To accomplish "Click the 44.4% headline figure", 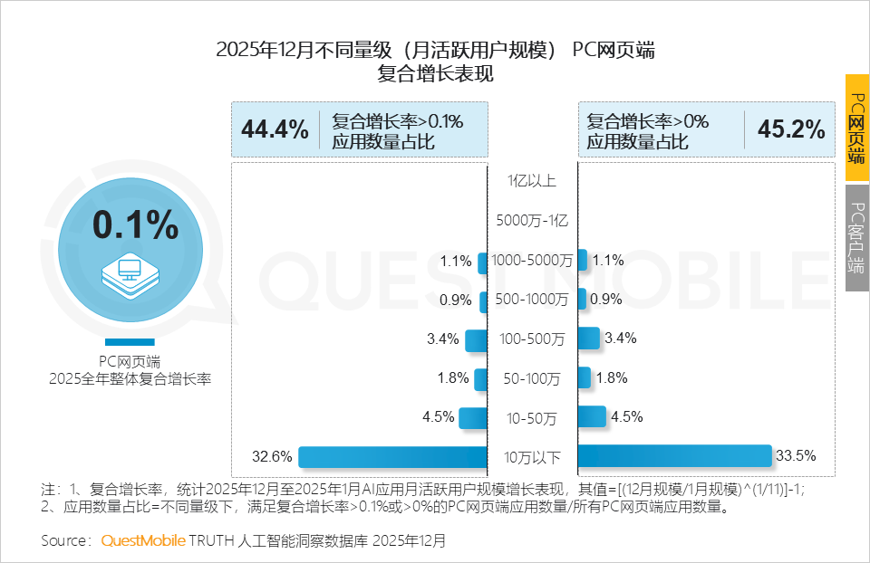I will click(275, 129).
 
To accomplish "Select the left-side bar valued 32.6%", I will click(391, 456).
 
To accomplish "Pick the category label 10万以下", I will click(532, 456).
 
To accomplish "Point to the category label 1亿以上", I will click(532, 180).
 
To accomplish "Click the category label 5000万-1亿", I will click(532, 220).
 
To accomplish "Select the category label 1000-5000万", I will click(532, 261).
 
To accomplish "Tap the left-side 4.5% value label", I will click(438, 417).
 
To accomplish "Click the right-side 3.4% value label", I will click(620, 339).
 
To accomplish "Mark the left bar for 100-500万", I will click(476, 339).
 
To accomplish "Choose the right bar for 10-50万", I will click(592, 416).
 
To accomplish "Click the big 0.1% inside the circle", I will click(136, 225).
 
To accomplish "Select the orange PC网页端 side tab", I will click(856, 128).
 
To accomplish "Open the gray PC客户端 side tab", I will click(856, 238).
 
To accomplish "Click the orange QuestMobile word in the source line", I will click(142, 540).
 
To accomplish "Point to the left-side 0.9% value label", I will click(456, 300).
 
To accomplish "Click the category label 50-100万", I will click(532, 378).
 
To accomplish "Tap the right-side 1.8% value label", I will click(612, 378).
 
